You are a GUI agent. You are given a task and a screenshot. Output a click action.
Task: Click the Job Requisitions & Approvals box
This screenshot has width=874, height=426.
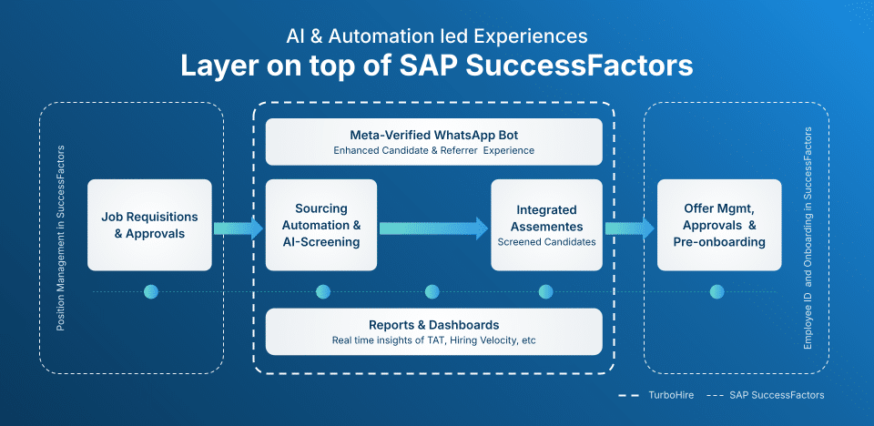pos(149,225)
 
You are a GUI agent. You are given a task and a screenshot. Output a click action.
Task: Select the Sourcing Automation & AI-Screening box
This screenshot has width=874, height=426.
pos(321,225)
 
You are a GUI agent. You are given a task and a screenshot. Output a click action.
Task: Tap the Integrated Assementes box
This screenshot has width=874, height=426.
pos(546,225)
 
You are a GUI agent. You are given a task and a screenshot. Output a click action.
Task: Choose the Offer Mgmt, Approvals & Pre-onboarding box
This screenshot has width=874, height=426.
pos(719,225)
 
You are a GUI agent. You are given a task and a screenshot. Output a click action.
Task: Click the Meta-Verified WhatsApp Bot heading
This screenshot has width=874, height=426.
pos(433,134)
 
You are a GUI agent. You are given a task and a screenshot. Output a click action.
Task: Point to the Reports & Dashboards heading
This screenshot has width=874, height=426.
pos(433,325)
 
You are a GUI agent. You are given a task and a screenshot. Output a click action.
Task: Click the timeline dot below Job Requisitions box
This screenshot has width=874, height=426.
pos(151,292)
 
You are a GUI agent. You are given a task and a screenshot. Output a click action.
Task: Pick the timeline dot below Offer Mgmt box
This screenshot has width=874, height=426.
pos(717,292)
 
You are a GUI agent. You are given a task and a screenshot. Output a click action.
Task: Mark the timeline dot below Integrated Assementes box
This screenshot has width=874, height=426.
pos(545,292)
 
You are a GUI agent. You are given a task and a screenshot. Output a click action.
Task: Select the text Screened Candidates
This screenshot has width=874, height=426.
pos(545,242)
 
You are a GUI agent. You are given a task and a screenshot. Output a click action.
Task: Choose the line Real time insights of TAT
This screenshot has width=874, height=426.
pos(433,340)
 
